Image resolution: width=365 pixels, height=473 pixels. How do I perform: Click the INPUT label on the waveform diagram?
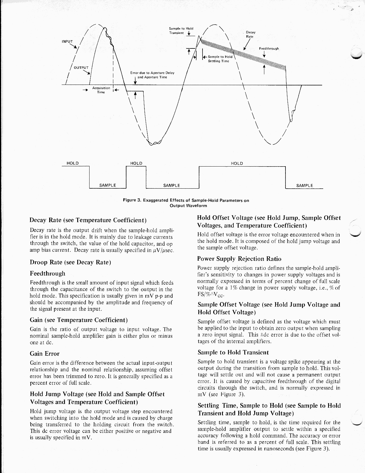tap(68, 41)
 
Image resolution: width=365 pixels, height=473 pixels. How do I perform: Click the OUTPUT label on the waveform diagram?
tap(82, 68)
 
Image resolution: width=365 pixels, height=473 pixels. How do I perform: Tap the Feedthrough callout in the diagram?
tap(269, 48)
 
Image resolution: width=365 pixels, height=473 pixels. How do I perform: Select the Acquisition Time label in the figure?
tap(101, 90)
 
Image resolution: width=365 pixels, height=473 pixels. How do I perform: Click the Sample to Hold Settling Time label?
tap(220, 59)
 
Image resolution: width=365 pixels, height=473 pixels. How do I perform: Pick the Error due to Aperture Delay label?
tap(152, 75)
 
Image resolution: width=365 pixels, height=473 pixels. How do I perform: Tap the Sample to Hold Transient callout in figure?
tap(181, 30)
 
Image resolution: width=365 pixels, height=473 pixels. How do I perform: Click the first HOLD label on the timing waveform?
tap(73, 163)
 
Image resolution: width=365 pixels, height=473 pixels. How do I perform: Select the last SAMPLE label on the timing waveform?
tap(305, 185)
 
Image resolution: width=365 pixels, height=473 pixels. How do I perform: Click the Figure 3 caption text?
tap(186, 203)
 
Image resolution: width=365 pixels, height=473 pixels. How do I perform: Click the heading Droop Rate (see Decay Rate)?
tap(70, 262)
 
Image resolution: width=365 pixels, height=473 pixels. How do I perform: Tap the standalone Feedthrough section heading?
tap(47, 273)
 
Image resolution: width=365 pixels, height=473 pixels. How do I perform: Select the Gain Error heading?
tap(45, 353)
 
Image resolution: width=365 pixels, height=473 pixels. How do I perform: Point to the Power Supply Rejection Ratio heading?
tap(239, 259)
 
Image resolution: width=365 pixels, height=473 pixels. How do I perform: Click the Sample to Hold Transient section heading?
tap(233, 352)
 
